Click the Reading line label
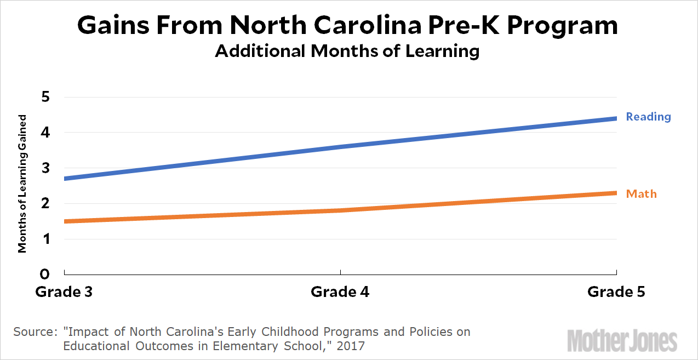[x=648, y=117]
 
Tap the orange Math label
[x=641, y=194]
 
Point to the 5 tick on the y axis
[x=45, y=98]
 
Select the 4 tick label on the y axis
[x=45, y=133]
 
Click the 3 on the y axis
[x=45, y=168]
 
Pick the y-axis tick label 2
[x=45, y=204]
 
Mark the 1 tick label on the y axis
[x=46, y=239]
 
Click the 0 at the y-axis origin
[x=45, y=274]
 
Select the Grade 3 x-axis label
[x=64, y=292]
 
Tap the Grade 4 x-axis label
[x=340, y=292]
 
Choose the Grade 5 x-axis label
[x=616, y=292]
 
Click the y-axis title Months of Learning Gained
[x=22, y=184]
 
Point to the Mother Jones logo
[x=622, y=340]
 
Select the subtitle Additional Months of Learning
[x=347, y=51]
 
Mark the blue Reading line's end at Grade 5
[x=616, y=118]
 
